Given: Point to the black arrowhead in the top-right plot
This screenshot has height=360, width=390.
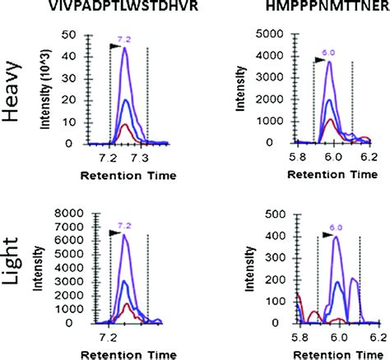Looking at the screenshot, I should [319, 59].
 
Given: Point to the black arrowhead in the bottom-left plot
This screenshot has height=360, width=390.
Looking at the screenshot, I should [115, 233].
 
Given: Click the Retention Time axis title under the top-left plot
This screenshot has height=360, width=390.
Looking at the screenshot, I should [123, 175].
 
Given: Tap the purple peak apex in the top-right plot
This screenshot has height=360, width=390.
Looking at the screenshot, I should [329, 62].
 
